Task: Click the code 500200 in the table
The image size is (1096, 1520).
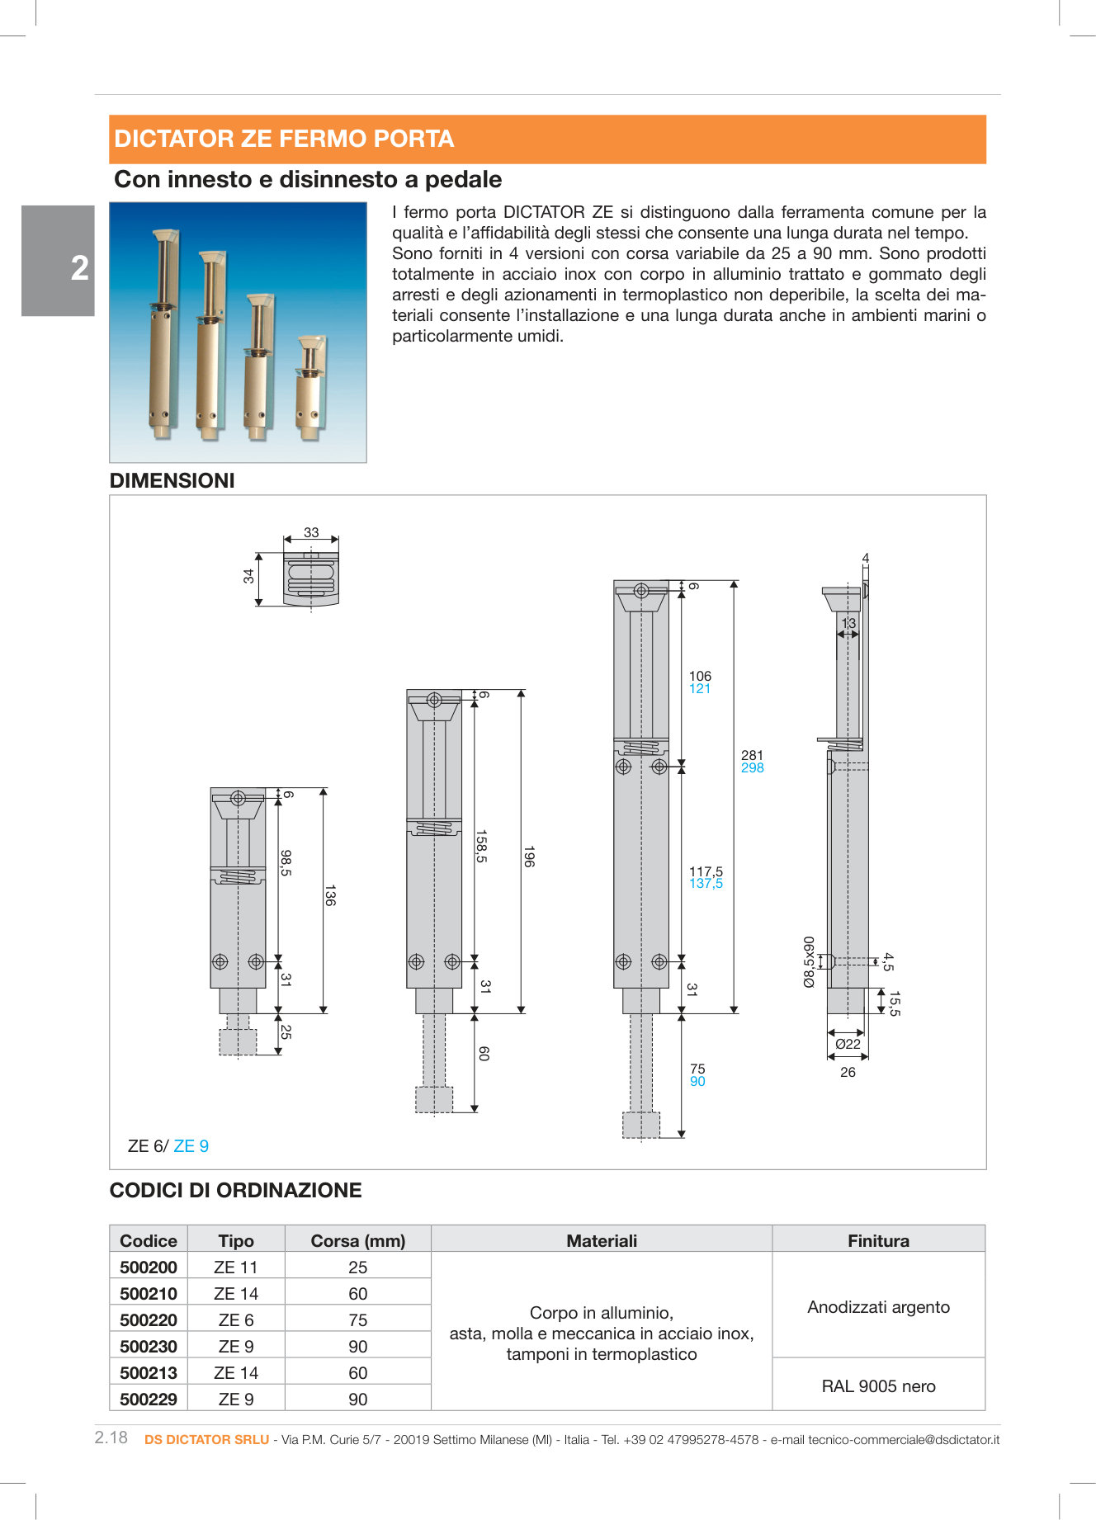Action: [x=149, y=1267]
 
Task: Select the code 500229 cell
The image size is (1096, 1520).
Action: [x=149, y=1400]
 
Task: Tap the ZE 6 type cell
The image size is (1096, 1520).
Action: [x=236, y=1320]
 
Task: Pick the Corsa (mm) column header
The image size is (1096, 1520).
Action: [x=357, y=1241]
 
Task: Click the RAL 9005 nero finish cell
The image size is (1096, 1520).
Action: [x=878, y=1386]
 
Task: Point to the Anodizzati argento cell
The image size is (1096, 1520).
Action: [x=878, y=1307]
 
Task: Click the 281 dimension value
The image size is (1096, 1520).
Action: [x=752, y=755]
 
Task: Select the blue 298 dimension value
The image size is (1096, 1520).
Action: [x=752, y=768]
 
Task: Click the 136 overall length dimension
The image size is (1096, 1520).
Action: [x=330, y=895]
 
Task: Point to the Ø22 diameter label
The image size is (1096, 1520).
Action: [x=848, y=1044]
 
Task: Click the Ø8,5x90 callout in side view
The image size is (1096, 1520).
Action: [x=809, y=961]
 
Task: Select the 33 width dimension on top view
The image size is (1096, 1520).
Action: [x=311, y=533]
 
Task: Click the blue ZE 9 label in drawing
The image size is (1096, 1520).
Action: [x=191, y=1146]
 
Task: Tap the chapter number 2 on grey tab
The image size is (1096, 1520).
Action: [x=79, y=268]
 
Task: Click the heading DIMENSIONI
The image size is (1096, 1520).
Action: [x=172, y=480]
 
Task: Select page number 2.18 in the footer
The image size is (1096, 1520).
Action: [x=111, y=1437]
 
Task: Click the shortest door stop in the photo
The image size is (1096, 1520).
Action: [x=311, y=388]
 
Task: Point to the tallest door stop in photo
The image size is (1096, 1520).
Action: [x=162, y=330]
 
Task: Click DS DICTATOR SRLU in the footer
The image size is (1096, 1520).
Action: [x=206, y=1440]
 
